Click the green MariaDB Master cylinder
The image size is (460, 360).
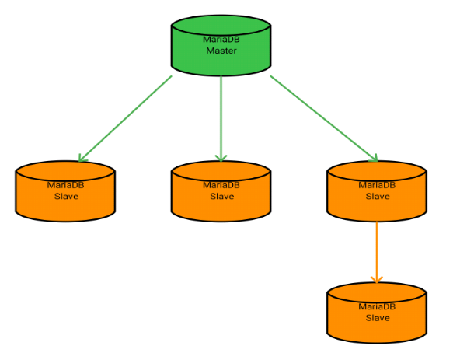coord(221,47)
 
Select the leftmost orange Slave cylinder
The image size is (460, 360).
coord(65,192)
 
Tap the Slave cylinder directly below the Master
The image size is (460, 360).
coord(221,192)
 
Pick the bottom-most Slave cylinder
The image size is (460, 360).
coord(377,313)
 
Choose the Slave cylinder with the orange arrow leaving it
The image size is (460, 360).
coord(377,192)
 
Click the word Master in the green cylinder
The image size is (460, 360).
coord(221,51)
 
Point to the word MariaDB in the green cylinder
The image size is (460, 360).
coord(221,40)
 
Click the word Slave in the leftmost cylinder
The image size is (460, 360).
coord(66,196)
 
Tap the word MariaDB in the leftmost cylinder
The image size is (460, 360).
coord(66,185)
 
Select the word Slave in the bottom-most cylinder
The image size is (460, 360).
coord(378,317)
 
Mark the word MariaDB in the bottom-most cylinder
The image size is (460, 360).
coord(378,306)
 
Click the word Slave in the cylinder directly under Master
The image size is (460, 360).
coord(222,196)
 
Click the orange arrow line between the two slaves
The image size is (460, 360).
coord(377,249)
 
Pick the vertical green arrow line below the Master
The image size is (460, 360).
coord(221,117)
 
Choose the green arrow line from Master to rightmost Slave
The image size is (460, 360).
coord(322,117)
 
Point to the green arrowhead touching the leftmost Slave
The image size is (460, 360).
coord(82,158)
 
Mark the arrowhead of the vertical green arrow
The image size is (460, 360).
coord(221,158)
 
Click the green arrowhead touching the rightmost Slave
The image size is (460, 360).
coord(374,158)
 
